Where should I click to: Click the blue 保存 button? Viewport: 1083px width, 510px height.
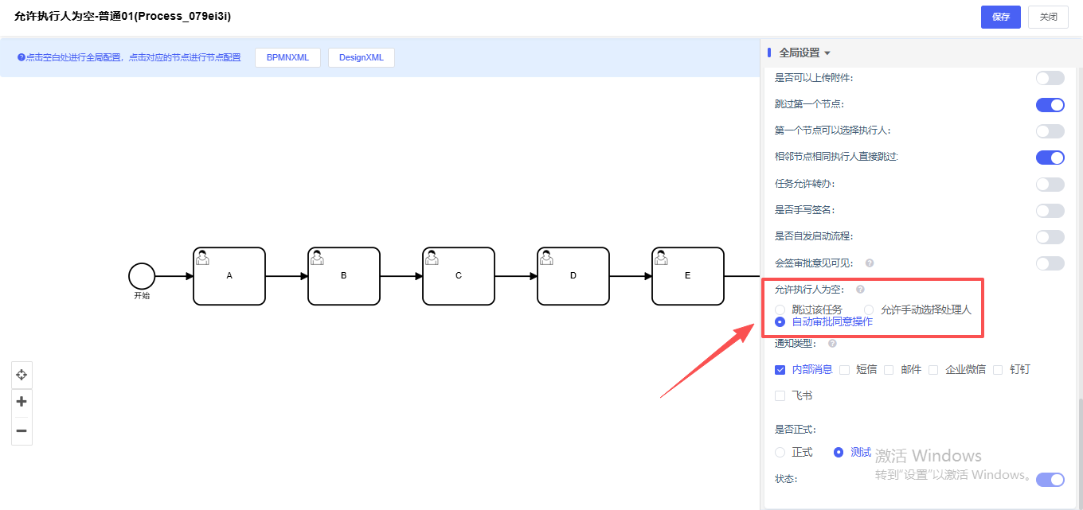(1000, 17)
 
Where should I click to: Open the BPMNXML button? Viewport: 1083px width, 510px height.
(287, 57)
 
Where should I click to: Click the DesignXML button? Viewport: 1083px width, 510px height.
(361, 57)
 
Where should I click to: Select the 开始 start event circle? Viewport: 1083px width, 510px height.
(142, 276)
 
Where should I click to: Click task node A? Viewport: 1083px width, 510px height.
(229, 276)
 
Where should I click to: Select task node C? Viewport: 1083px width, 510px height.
(459, 276)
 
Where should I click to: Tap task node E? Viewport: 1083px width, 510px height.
(688, 276)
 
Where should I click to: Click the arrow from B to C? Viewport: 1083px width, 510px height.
(401, 276)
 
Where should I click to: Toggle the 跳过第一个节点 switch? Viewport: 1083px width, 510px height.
(1050, 104)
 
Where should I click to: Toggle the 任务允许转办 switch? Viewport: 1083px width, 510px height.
(1050, 184)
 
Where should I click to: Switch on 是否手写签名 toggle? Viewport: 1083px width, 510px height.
(1050, 210)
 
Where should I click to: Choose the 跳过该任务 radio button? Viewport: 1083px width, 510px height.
(780, 310)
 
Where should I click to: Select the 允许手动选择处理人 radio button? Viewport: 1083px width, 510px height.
(870, 310)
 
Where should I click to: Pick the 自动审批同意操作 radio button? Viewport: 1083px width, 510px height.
(780, 321)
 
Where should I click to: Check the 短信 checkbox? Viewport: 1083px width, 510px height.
(844, 369)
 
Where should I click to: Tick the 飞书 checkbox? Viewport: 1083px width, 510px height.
(780, 395)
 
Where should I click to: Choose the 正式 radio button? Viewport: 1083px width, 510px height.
(780, 452)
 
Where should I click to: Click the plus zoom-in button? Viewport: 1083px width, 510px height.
(22, 401)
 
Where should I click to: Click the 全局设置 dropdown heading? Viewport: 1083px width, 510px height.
(804, 53)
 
